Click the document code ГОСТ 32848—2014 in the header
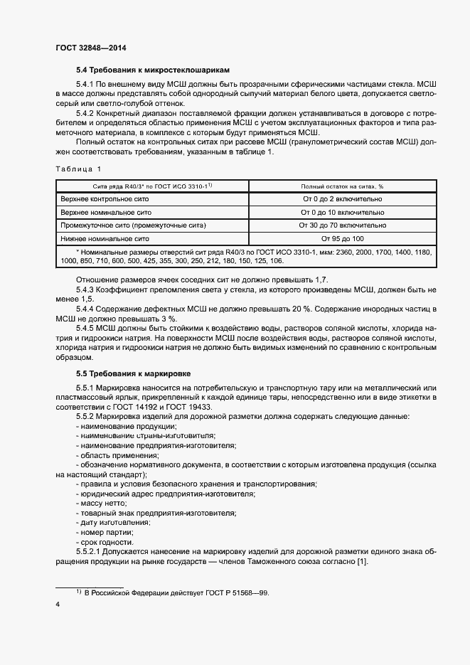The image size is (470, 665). pos(90,48)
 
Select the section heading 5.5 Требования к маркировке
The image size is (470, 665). pos(127,373)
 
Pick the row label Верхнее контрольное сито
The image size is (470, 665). pos(105,199)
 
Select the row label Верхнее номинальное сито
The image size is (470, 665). pos(105,212)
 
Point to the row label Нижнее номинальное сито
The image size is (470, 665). pos(104,238)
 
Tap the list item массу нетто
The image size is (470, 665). pos(103,502)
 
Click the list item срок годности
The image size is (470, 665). pos(107,542)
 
